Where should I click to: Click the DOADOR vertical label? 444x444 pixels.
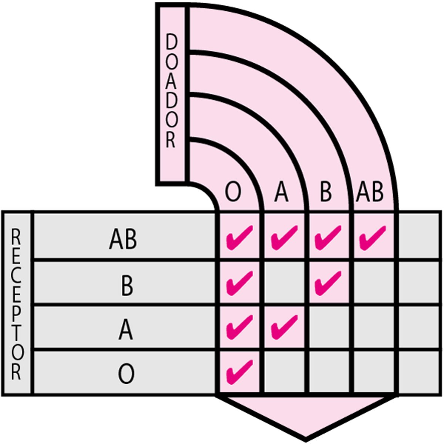click(171, 92)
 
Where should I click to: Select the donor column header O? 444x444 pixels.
click(233, 192)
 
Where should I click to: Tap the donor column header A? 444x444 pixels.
click(281, 192)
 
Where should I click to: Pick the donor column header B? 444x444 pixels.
click(326, 192)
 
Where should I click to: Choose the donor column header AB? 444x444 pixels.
click(370, 192)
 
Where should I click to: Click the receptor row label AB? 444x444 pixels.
click(123, 240)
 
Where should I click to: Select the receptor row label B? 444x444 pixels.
click(127, 286)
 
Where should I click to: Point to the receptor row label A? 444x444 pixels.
click(126, 330)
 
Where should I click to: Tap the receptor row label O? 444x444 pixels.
click(126, 374)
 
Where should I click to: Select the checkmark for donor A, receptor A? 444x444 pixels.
click(284, 327)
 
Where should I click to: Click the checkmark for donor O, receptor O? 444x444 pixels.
click(239, 371)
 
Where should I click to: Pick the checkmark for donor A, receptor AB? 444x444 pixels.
click(284, 238)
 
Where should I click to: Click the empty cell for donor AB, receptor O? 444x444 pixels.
click(375, 372)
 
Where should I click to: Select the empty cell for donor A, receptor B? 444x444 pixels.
click(286, 283)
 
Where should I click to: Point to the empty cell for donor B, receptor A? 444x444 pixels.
click(330, 327)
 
